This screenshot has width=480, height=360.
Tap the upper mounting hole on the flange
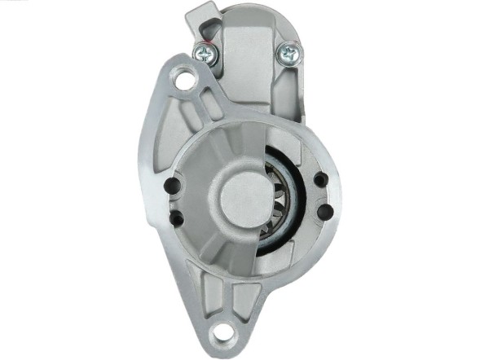pos(185,81)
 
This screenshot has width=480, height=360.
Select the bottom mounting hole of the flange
pos(221,334)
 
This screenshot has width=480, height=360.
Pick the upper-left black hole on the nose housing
pos(173,186)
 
